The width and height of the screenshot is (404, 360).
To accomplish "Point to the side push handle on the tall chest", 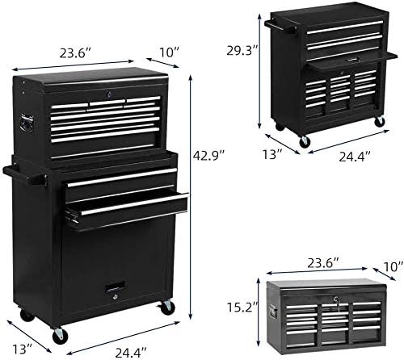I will pos(15,173).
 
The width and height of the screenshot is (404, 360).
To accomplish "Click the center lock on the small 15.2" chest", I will pos(331,299).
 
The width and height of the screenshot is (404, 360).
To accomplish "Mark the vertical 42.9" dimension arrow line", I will pos(191,186).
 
